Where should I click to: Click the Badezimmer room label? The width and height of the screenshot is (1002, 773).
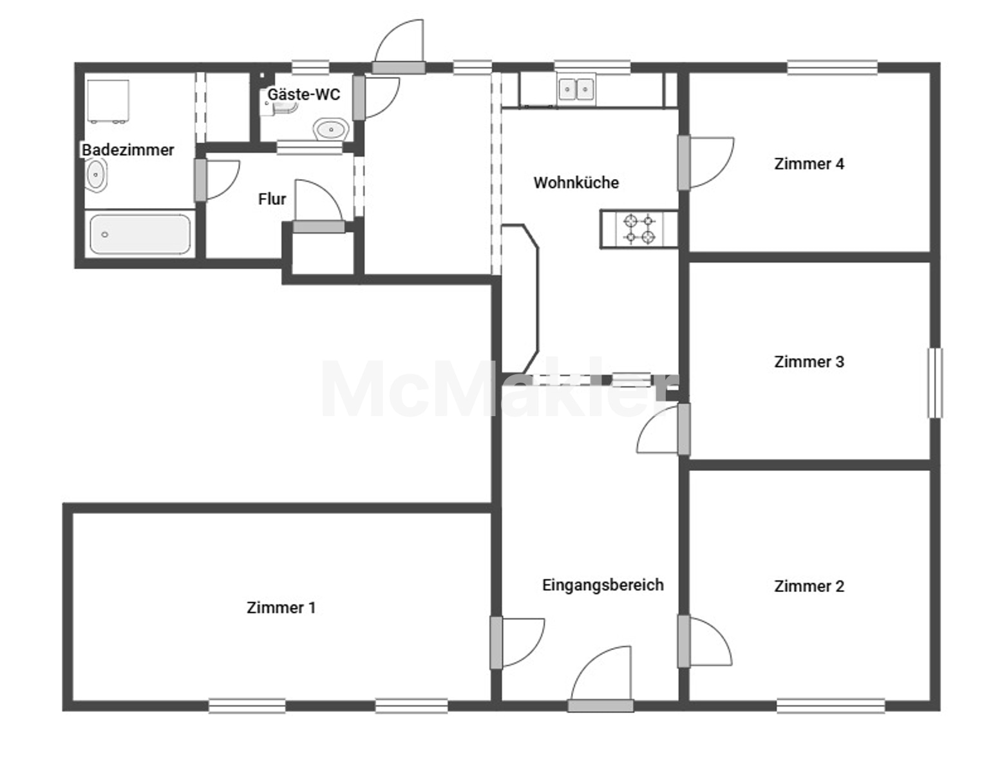coord(128,150)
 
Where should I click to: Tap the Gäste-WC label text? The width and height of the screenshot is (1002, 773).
coord(304,95)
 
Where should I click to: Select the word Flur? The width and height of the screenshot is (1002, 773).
coord(272,199)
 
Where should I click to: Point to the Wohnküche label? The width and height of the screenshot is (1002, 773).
coord(576,183)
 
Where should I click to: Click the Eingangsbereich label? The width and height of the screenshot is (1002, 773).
coord(603,586)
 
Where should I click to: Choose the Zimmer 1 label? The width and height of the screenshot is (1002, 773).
coord(281,608)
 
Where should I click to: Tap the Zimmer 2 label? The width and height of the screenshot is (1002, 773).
coord(809,586)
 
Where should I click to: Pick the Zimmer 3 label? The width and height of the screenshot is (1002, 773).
coord(809,361)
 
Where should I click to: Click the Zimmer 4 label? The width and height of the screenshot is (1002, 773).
coord(809,164)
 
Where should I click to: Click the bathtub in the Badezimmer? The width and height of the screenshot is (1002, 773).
coord(140,234)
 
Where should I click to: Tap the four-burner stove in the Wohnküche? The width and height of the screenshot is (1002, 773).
coord(639,229)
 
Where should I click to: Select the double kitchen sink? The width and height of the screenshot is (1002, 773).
coord(576,90)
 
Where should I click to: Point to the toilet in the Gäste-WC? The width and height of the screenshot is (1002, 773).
coord(330,129)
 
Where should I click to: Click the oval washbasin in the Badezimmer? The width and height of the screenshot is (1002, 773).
coord(95,175)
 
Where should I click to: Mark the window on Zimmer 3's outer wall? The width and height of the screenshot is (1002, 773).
coord(934,383)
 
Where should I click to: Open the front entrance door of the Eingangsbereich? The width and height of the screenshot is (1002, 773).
coord(601,705)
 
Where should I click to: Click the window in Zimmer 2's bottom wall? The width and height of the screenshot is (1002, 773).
coord(831,705)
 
